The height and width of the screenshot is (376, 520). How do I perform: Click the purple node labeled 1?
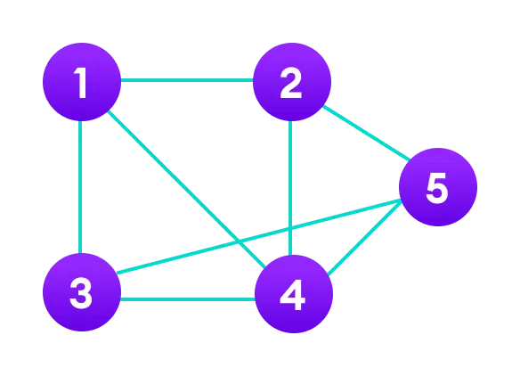point(82,82)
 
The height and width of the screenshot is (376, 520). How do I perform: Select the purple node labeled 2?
point(292,82)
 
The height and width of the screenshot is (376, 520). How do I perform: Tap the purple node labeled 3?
point(82,292)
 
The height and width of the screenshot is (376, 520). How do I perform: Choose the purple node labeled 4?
point(294,294)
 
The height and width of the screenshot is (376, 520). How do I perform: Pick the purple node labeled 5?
point(437,187)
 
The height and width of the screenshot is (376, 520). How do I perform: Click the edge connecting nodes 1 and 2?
point(187,80)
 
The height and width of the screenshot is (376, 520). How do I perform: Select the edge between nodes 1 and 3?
point(80,187)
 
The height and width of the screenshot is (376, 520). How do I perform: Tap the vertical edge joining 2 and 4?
point(291,169)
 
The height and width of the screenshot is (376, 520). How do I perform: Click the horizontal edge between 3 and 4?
point(187,298)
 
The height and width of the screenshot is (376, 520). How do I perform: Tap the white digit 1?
point(81,83)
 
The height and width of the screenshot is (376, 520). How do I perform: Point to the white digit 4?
point(293,295)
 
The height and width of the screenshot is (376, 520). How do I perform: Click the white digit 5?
point(436,188)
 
